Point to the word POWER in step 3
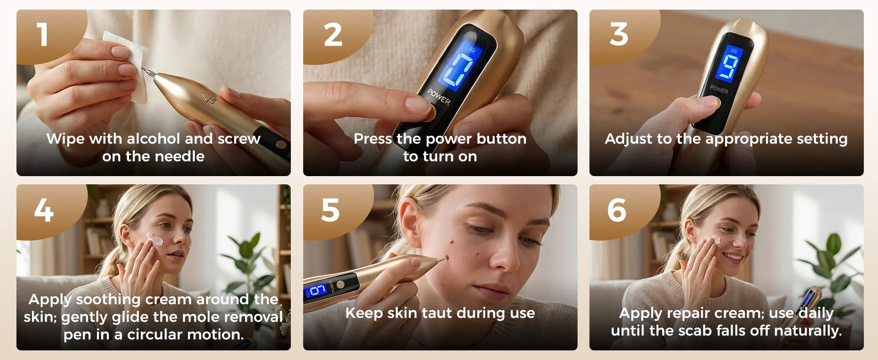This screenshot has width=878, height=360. click(719, 90)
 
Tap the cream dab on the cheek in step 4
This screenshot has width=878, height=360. click(155, 239)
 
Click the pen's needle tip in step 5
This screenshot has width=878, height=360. click(446, 259)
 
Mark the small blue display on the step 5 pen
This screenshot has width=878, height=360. click(317, 290)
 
